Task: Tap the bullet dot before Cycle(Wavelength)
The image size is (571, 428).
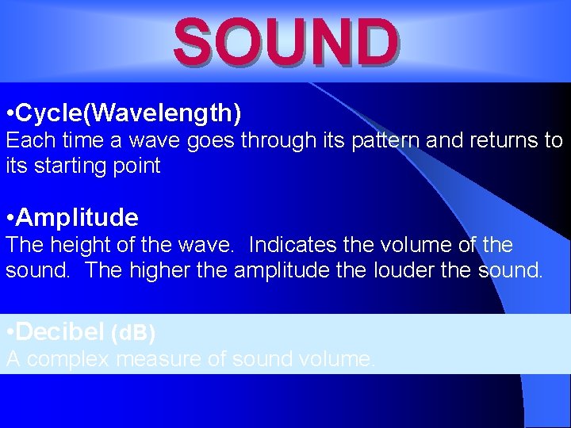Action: pyautogui.click(x=9, y=113)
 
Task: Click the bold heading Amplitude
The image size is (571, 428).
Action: pyautogui.click(x=77, y=217)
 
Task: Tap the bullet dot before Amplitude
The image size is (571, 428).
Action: pyautogui.click(x=9, y=217)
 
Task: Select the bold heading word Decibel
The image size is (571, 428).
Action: pyautogui.click(x=60, y=331)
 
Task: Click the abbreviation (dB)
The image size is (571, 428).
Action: pyautogui.click(x=133, y=332)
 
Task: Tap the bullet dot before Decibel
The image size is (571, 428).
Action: pyautogui.click(x=9, y=331)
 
